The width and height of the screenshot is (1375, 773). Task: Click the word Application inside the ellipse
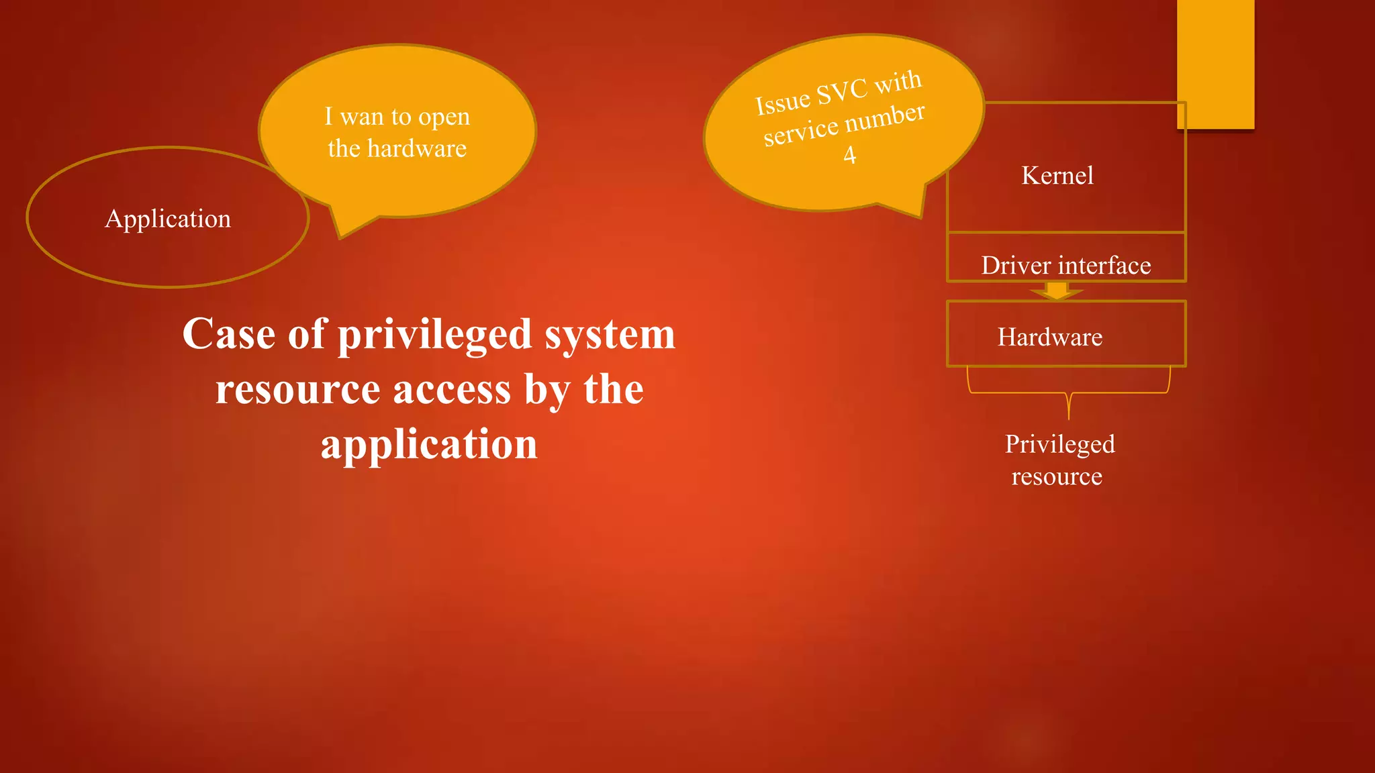[x=168, y=219]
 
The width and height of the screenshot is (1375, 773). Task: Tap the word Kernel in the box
[x=1057, y=176]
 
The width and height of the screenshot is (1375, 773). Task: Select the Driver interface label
[x=1066, y=266]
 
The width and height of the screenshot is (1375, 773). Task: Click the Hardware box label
[x=1050, y=337]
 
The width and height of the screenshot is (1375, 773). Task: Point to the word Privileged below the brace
[x=1059, y=444]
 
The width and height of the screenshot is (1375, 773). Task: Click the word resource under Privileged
[x=1057, y=476]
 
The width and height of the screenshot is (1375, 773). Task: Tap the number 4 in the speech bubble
[x=850, y=155]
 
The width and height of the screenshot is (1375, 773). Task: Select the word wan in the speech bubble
[x=362, y=117]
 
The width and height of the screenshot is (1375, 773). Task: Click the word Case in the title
[x=229, y=334]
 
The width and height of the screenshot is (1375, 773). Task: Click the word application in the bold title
[x=430, y=445]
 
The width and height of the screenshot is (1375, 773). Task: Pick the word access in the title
[x=452, y=390]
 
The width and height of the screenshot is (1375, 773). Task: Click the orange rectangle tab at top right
[x=1215, y=64]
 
